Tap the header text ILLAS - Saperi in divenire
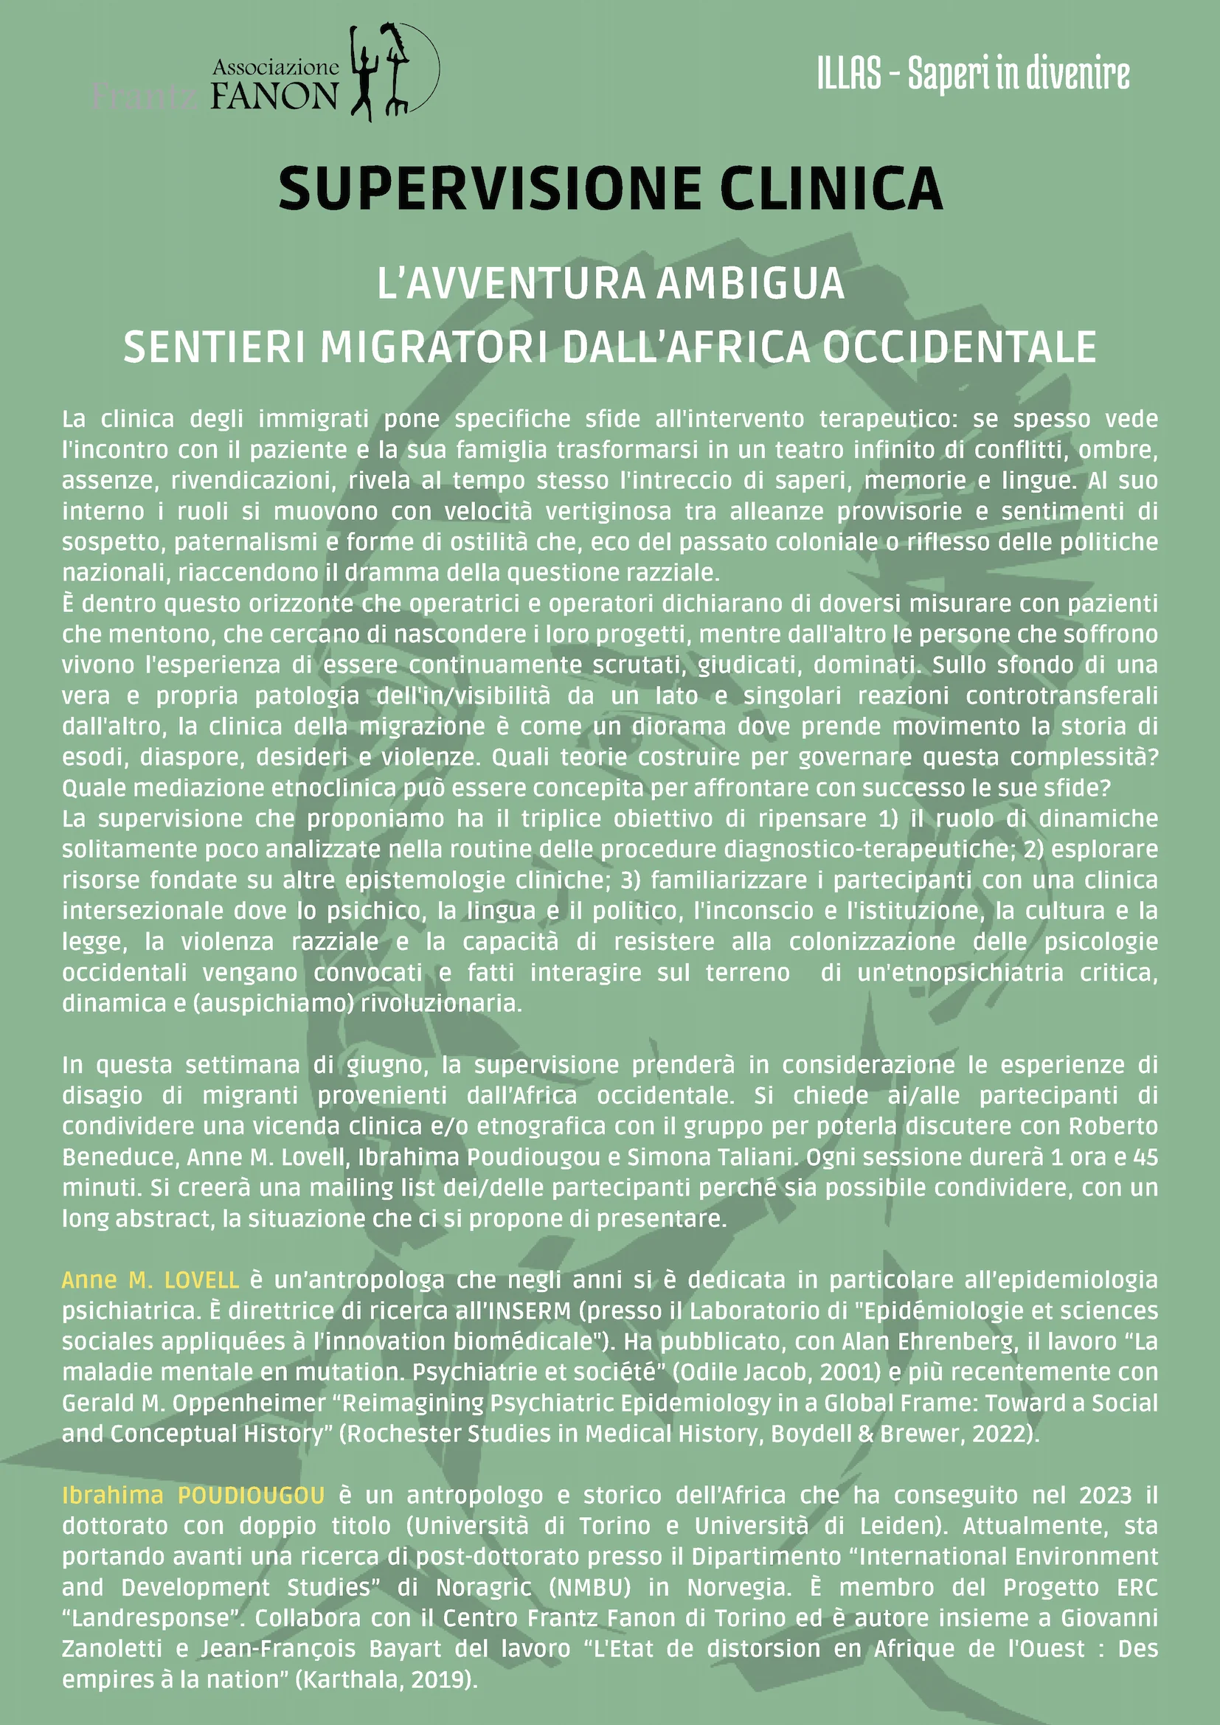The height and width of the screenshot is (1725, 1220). (973, 74)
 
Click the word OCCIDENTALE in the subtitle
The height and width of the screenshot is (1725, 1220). (960, 347)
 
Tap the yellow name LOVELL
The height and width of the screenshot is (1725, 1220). (201, 1280)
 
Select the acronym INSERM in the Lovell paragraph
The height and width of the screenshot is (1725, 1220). (530, 1311)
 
